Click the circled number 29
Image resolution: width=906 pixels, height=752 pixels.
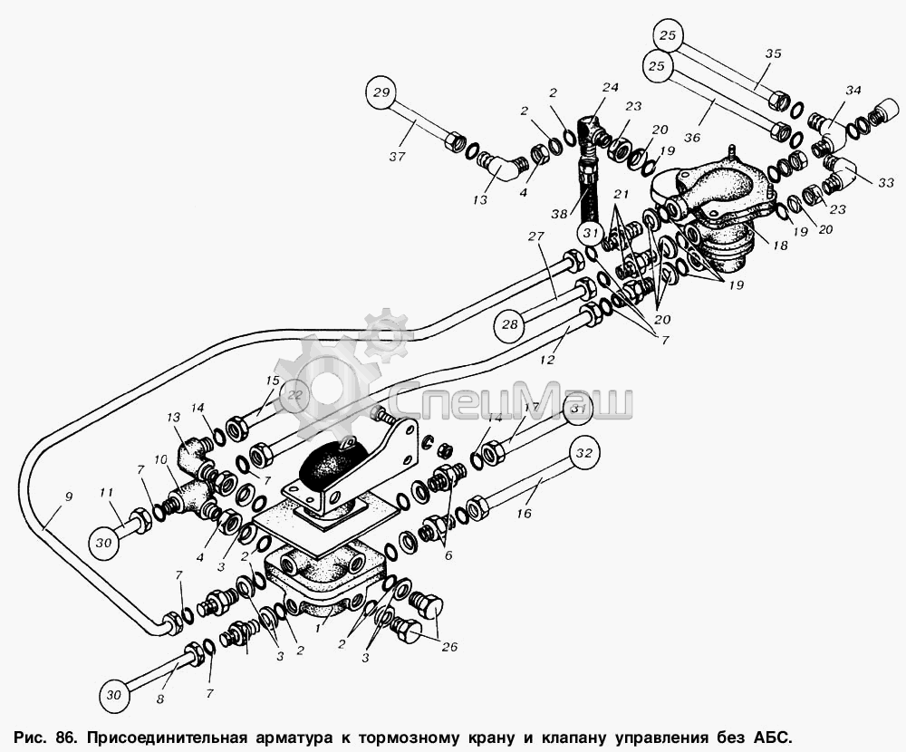tap(382, 94)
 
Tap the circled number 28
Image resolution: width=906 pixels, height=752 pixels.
tap(509, 323)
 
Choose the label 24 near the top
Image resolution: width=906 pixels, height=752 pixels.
tap(610, 87)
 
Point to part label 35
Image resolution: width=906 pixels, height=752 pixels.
tap(772, 53)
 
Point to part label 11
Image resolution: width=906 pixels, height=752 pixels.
tap(106, 494)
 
